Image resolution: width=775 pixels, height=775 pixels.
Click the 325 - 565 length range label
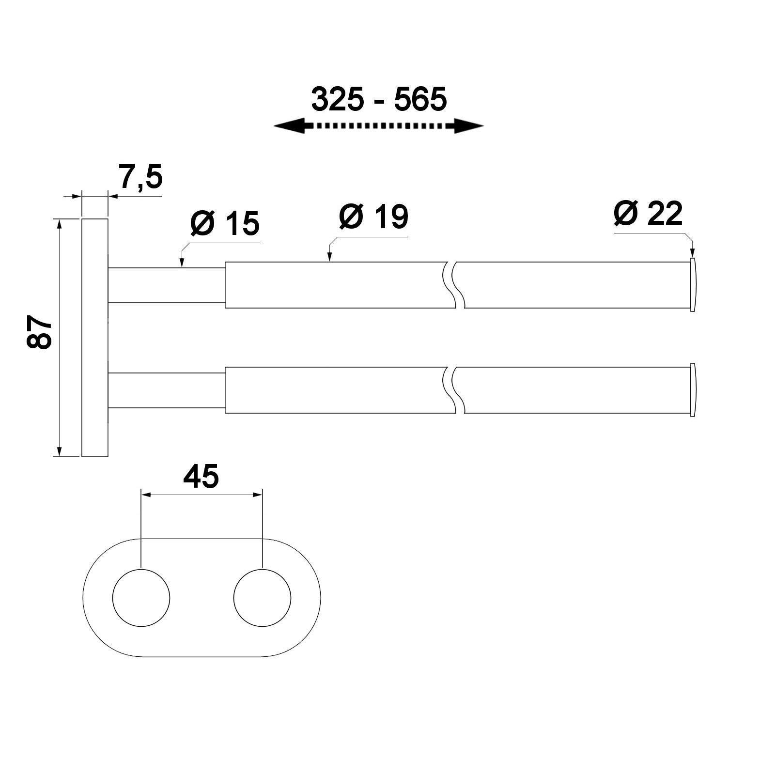pos(379,99)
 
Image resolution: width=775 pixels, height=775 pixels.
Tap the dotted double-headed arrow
pos(379,126)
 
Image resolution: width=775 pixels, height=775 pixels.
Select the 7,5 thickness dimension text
pos(141,177)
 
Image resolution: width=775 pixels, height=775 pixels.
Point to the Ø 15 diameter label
pos(225,223)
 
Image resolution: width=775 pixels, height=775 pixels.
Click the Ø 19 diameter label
pos(373,217)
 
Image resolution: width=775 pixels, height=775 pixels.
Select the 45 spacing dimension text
pos(201,477)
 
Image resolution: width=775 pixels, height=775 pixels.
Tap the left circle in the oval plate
pos(141,598)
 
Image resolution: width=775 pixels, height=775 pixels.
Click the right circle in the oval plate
pos(262,598)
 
